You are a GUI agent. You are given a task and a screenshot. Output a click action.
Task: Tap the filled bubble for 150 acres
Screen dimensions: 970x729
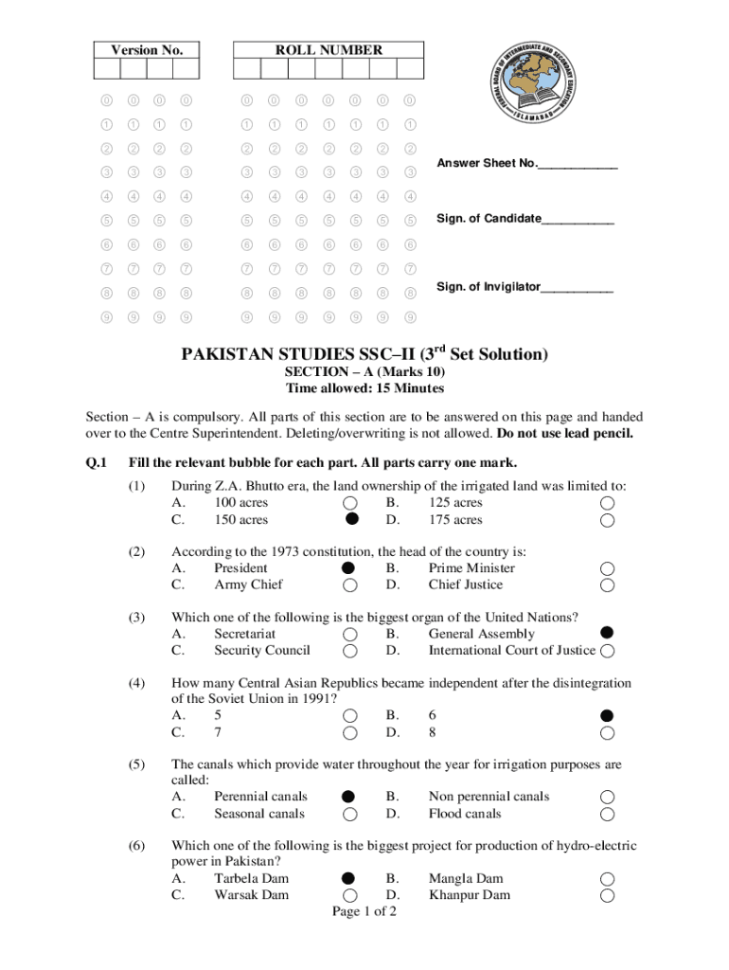coord(351,519)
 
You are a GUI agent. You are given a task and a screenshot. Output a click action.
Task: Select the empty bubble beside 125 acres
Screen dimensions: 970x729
coord(607,503)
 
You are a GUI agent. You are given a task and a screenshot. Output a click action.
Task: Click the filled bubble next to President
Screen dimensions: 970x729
coord(349,567)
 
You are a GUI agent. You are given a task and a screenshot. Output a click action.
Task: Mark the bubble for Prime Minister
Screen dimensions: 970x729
coord(607,568)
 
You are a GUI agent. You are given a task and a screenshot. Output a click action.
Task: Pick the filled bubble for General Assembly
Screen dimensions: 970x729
coord(607,633)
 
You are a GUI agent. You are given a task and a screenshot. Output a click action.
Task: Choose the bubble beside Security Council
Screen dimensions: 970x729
coord(350,651)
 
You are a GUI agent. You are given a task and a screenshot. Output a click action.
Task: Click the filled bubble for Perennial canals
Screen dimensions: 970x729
coord(349,796)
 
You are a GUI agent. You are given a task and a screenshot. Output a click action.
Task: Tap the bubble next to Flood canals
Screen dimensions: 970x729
coord(607,814)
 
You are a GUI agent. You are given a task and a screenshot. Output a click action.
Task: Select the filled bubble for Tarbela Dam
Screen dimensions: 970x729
coord(349,878)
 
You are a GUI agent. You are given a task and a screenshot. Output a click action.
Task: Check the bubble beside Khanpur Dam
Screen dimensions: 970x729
coord(607,895)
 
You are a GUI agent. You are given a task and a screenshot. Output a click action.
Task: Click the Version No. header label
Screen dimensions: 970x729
coord(147,49)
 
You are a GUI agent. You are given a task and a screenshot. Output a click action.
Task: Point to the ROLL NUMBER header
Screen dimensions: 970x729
coord(329,49)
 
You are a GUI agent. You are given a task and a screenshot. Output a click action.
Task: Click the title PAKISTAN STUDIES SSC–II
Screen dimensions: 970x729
coord(364,354)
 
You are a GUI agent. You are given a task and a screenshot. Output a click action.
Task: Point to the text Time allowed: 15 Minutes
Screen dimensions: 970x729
coord(364,388)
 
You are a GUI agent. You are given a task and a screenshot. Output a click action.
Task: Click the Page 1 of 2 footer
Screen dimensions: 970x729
coord(364,911)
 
